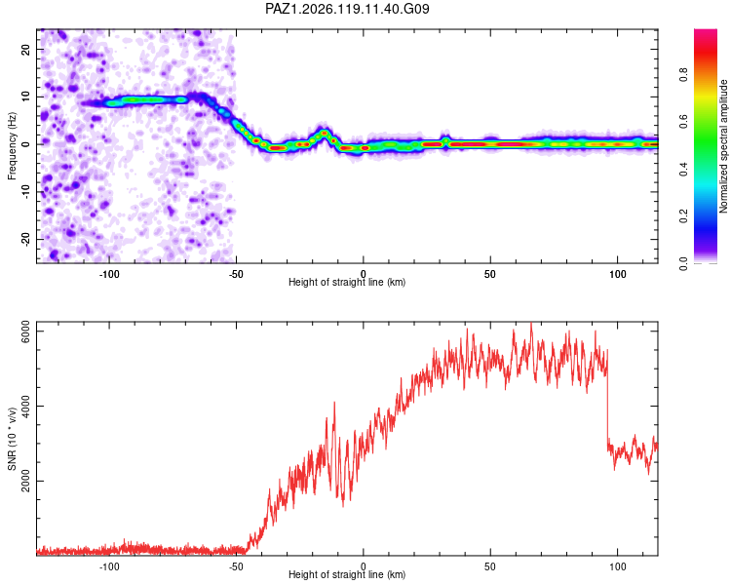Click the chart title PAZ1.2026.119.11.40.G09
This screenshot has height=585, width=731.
347,9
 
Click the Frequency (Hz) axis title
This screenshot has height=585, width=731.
12,146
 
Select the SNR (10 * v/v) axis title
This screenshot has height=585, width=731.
12,439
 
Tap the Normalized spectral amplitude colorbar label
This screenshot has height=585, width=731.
723,146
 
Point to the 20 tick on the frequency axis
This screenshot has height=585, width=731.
26,49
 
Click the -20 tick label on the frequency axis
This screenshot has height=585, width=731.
26,239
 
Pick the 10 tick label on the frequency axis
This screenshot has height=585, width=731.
26,97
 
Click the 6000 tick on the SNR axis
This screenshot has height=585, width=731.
26,331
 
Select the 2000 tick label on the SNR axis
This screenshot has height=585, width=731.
26,481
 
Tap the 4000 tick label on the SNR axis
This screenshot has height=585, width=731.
26,407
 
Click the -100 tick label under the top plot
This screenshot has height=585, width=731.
109,274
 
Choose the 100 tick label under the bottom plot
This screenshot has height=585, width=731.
617,566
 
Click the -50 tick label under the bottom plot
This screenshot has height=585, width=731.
236,566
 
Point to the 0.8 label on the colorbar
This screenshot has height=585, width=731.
683,75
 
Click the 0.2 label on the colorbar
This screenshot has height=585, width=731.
683,216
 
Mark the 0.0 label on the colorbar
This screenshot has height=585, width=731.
683,263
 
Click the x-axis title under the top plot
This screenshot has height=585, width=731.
347,282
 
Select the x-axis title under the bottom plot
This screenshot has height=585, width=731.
347,574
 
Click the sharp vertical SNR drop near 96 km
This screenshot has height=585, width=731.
607,397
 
